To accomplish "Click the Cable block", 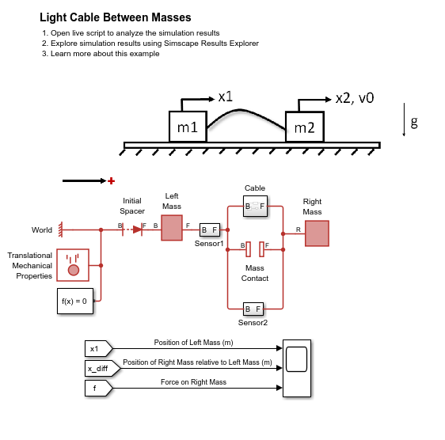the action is pos(255,207).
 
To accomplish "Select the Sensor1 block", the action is pos(210,229).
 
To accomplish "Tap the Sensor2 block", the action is pos(253,309).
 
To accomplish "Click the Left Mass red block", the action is pos(172,228).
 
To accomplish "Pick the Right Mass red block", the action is pos(317,233).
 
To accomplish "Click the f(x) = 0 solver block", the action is pos(75,301).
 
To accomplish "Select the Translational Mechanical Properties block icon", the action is pos(73,265).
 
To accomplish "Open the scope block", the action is pos(297,368).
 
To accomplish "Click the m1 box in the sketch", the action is pos(188,127).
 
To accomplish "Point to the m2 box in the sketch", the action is pos(305,127).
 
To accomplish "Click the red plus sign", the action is pos(111,180).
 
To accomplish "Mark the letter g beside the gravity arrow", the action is pos(414,122).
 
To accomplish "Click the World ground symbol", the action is pos(60,229).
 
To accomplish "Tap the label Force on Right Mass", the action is pos(193,382).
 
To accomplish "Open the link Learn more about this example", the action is pos(105,54).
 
